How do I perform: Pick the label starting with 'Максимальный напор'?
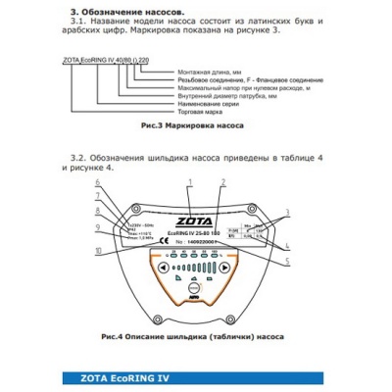click(230, 87)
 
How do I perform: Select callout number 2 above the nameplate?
click(223, 183)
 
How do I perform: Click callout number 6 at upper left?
click(97, 183)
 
